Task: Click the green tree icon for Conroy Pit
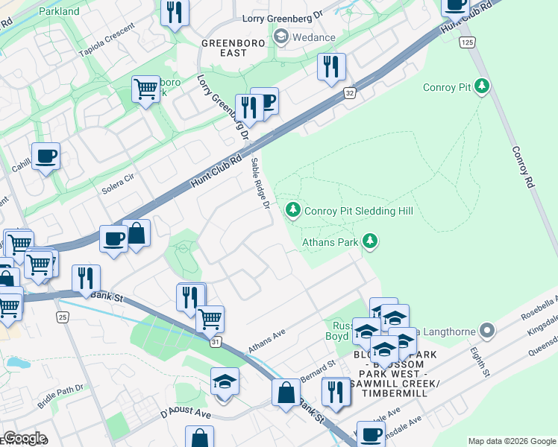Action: click(x=483, y=87)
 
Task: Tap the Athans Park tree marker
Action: click(x=369, y=241)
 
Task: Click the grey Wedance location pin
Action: click(x=281, y=37)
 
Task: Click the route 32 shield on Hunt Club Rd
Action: click(x=349, y=93)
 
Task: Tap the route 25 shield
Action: click(x=63, y=317)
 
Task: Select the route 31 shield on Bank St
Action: click(x=216, y=341)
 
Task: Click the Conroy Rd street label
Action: click(x=522, y=166)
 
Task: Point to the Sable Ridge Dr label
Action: click(x=260, y=183)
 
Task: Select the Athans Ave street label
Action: click(x=267, y=343)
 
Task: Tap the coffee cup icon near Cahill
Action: click(x=46, y=156)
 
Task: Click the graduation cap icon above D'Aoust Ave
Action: click(x=225, y=381)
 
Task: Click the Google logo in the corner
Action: click(x=24, y=438)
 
